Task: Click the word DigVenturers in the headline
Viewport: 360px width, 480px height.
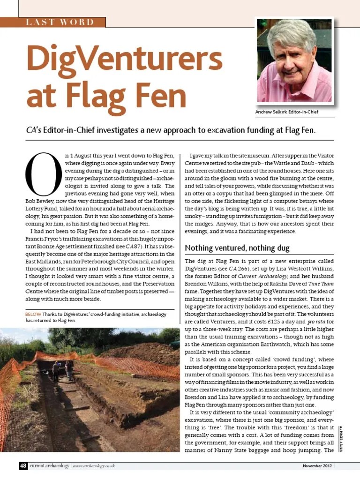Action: tap(124, 60)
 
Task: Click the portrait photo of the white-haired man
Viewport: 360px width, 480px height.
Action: tap(294, 61)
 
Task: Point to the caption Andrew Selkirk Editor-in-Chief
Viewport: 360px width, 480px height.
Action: tap(286, 112)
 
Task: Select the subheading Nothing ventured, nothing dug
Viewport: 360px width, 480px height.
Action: tap(237, 247)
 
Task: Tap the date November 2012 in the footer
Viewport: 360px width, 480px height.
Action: tap(317, 466)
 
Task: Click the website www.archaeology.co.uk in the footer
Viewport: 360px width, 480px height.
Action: tap(94, 466)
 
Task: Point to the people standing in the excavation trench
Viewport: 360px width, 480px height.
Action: tap(63, 370)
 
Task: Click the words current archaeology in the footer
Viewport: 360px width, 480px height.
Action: tap(50, 466)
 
